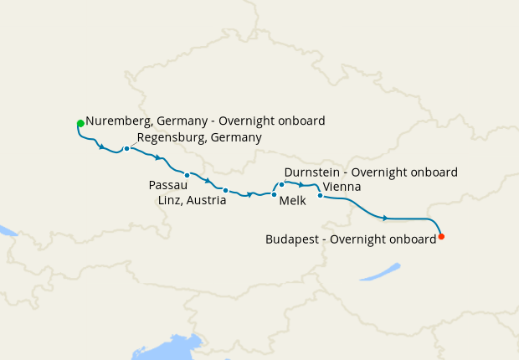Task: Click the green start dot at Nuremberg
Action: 80,124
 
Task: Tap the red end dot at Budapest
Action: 441,236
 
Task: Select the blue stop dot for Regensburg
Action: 126,149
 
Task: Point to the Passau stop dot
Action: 188,175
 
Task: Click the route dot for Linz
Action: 225,190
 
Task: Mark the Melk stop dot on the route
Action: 274,194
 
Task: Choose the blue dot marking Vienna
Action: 320,196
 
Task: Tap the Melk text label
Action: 292,201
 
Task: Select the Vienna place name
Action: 342,187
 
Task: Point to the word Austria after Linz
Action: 206,200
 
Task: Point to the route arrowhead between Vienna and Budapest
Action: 385,218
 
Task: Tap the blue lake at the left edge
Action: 7,229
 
